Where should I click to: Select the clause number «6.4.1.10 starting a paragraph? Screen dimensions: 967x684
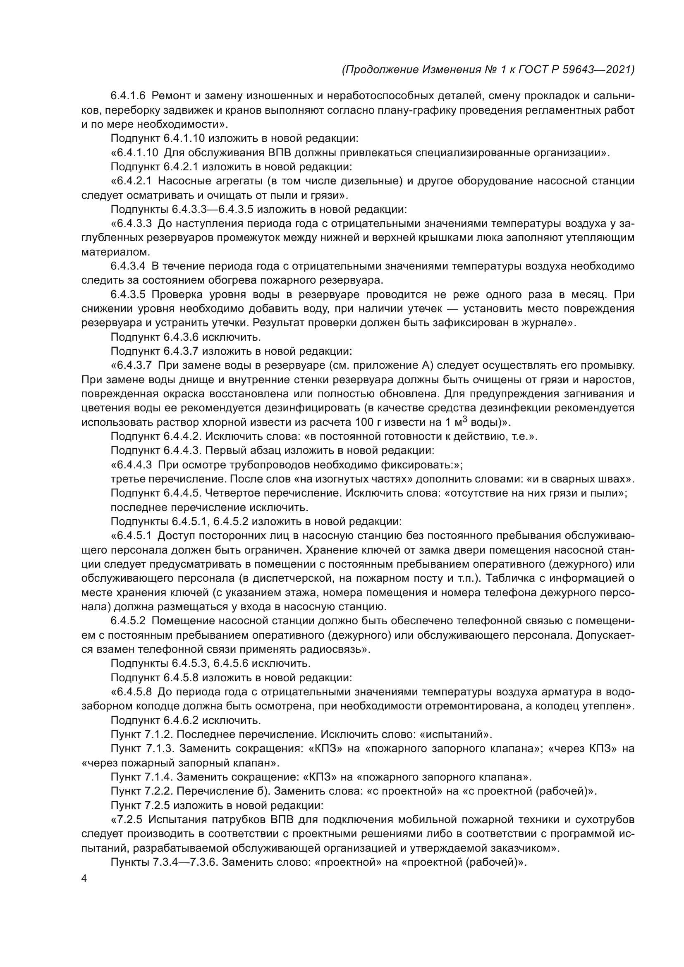click(134, 153)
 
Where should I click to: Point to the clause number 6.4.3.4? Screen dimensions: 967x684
click(128, 267)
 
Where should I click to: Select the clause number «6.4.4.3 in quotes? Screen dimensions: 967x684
click(131, 466)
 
